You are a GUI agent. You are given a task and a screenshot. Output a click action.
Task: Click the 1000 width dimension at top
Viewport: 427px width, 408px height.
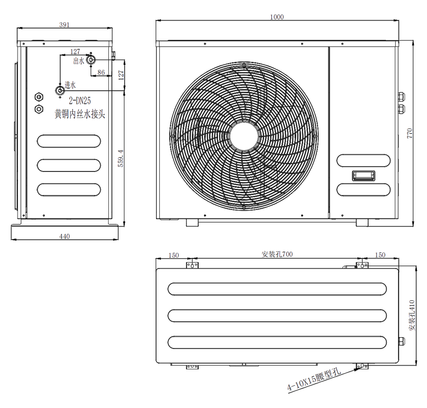pos(277,17)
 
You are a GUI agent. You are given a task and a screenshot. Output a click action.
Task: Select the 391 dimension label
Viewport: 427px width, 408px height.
pos(64,25)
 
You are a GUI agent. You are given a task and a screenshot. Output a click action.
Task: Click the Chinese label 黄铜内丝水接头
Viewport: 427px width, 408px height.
pos(81,114)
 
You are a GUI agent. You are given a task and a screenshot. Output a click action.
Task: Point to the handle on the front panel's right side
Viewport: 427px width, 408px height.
pos(362,175)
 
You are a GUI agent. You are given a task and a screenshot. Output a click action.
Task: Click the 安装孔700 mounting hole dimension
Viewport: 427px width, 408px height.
pos(277,255)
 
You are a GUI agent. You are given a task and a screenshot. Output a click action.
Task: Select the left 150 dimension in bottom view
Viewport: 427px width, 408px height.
pos(174,255)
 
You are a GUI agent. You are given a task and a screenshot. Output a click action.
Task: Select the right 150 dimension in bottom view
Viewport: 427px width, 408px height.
pos(379,255)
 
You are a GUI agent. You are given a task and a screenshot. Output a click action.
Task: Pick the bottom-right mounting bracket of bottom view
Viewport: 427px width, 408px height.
pos(362,366)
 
